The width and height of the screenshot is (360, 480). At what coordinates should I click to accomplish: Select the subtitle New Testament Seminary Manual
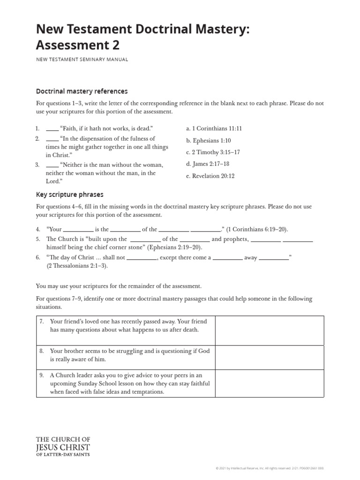coord(82,60)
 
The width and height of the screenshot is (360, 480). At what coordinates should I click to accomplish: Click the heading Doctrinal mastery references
coord(82,91)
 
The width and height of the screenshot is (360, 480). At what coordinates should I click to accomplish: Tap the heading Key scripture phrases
coord(70,194)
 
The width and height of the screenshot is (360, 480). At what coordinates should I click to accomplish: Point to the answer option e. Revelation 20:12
coord(211,176)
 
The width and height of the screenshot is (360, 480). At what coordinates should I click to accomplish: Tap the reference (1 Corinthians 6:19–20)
coord(257,229)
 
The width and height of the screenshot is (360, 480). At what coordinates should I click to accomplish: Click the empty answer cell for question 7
coord(269,330)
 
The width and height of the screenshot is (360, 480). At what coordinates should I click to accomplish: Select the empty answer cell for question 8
coord(269,357)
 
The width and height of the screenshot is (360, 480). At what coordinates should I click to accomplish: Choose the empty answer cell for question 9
coord(269,383)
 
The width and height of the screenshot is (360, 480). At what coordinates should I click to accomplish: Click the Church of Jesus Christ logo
coord(63,446)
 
